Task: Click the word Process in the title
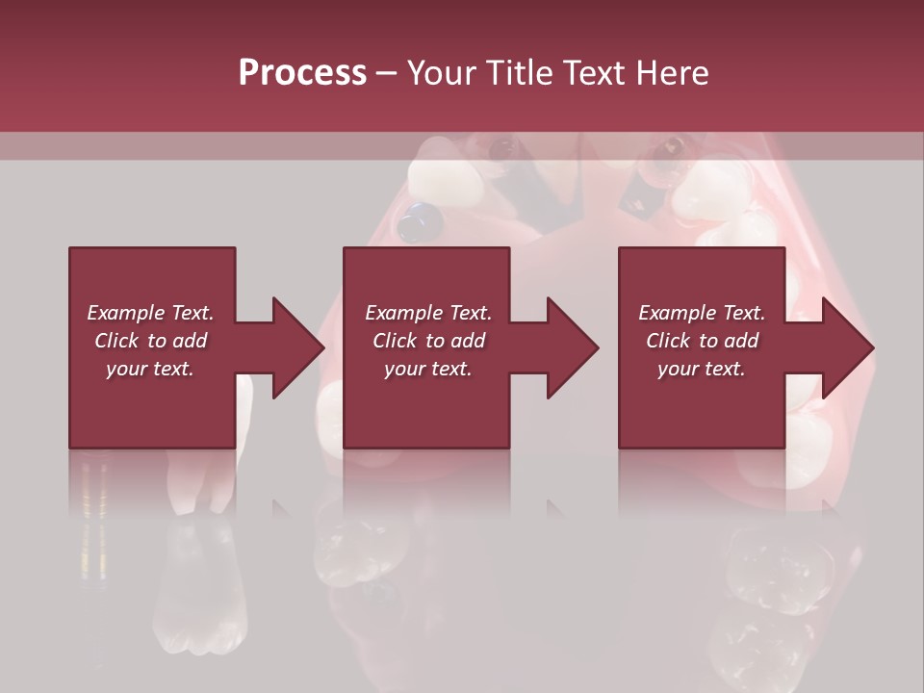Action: [x=302, y=73]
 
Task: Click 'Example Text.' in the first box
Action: [x=150, y=313]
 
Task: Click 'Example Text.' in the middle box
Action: [x=428, y=313]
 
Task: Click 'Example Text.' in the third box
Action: [x=702, y=313]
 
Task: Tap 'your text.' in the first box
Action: [x=150, y=369]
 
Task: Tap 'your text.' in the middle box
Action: [x=428, y=369]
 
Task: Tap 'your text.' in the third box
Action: [x=702, y=369]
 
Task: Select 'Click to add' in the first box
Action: [x=150, y=341]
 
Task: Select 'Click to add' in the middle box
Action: [x=428, y=341]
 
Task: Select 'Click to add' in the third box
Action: [x=702, y=341]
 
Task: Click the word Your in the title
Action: [x=440, y=73]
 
